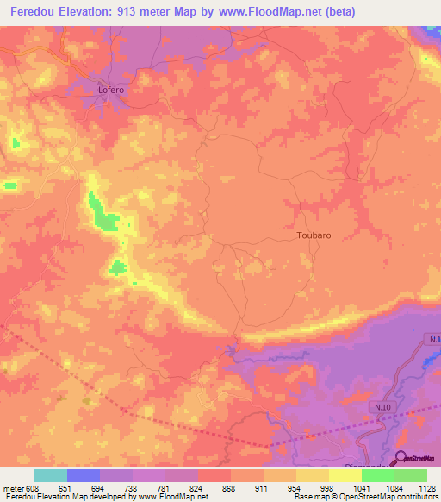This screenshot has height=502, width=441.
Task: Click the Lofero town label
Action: [110, 89]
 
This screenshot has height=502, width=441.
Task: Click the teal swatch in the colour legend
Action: [51, 475]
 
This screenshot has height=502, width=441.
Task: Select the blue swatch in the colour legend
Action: [84, 475]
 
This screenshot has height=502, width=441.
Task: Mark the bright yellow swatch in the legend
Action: [345, 475]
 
